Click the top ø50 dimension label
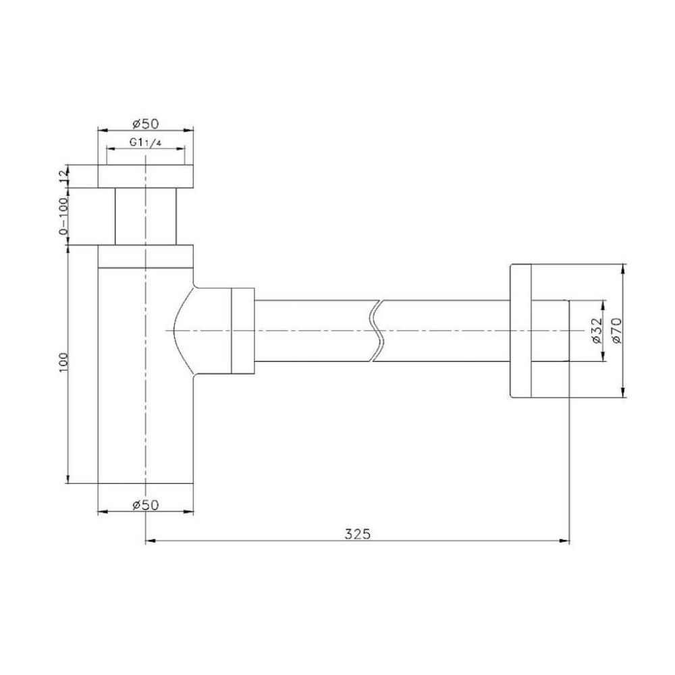click(x=146, y=124)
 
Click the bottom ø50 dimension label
click(x=146, y=505)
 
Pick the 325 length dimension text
click(x=357, y=533)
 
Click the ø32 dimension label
click(x=596, y=331)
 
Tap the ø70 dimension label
click(x=616, y=331)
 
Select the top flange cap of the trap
click(x=146, y=176)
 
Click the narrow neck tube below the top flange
click(x=146, y=216)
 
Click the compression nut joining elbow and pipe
click(x=242, y=331)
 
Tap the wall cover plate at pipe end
click(x=520, y=331)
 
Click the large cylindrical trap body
click(x=146, y=405)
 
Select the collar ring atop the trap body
click(x=146, y=256)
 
